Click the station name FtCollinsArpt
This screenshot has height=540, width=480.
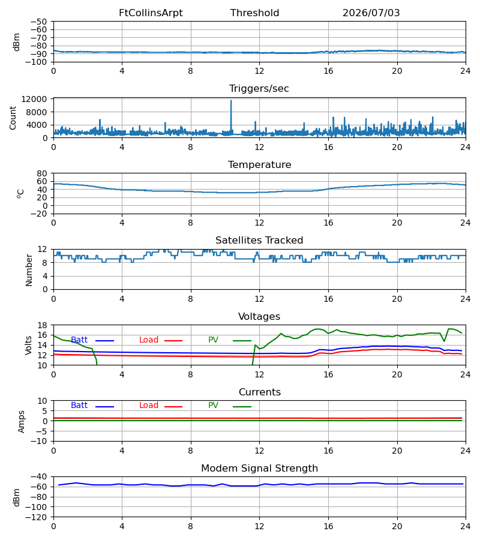[x=151, y=13]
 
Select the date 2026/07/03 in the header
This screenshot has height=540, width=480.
[x=371, y=13]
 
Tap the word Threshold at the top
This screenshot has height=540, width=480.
[x=254, y=13]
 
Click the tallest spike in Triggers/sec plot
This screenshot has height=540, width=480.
[x=231, y=101]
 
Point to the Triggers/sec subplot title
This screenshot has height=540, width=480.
[x=259, y=89]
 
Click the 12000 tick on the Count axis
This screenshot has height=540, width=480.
[x=34, y=99]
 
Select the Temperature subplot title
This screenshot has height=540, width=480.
[x=259, y=164]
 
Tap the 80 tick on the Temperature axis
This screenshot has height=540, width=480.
[x=42, y=173]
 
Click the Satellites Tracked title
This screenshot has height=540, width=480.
[x=259, y=241]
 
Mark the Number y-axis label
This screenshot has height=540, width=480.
[x=29, y=270]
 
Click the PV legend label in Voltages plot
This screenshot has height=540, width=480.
[x=213, y=340]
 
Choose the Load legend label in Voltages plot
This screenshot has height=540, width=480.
[x=149, y=340]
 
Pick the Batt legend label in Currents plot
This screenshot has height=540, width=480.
[x=79, y=406]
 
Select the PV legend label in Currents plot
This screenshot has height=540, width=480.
[x=213, y=406]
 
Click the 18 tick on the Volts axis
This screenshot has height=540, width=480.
[x=42, y=325]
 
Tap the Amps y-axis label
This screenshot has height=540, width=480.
[x=22, y=422]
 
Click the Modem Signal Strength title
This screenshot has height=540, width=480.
[x=259, y=469]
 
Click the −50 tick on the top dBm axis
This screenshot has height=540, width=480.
[x=38, y=22]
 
